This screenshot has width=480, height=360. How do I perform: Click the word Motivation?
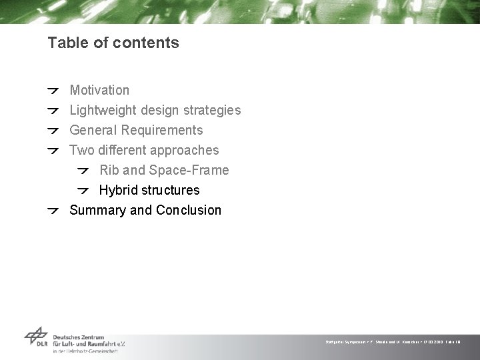[99, 90]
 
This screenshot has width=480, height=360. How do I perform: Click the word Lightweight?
[102, 110]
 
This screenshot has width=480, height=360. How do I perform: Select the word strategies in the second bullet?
[213, 110]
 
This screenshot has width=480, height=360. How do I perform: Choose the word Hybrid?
[118, 190]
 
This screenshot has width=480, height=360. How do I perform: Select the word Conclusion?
[189, 210]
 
